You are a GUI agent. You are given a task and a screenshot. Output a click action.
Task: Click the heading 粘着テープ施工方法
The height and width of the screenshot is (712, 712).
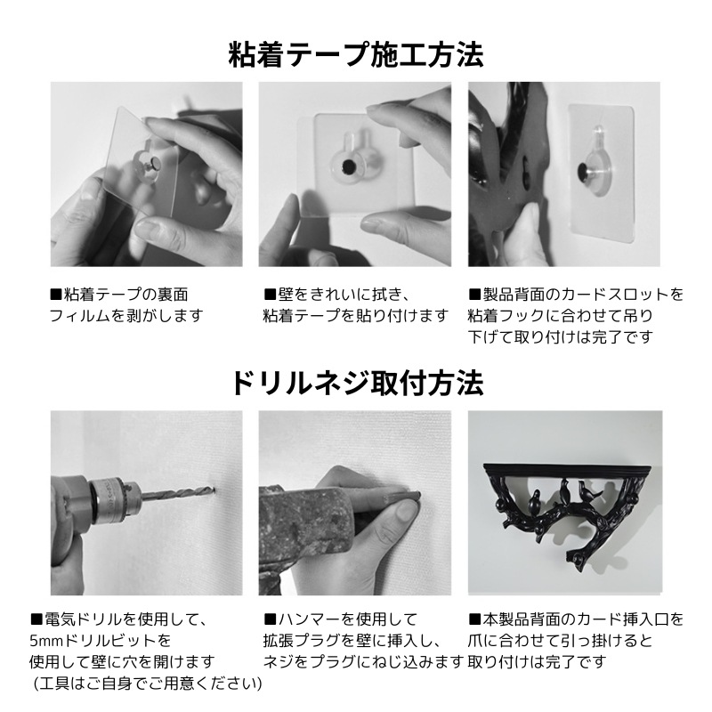356,55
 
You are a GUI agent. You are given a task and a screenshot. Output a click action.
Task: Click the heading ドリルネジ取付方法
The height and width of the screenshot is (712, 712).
356,384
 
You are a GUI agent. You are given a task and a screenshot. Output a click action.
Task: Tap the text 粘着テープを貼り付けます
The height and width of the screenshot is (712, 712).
355,315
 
